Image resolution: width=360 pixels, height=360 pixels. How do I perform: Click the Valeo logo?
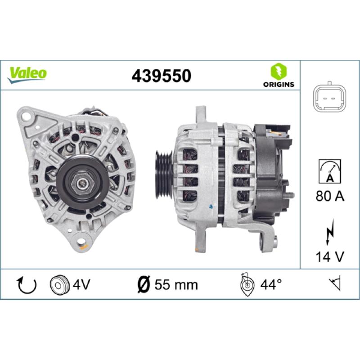[27, 75]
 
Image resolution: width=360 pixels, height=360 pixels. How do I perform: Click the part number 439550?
[162, 76]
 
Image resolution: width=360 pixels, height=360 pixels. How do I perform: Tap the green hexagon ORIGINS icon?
[279, 71]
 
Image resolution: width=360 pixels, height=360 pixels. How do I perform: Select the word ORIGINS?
[279, 84]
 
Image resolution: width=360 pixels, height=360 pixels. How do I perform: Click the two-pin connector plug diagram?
[330, 98]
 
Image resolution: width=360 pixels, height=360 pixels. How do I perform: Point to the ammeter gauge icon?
[330, 171]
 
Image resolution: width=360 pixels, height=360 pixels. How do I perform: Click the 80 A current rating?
[330, 196]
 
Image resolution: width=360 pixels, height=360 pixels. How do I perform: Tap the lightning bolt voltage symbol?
[330, 232]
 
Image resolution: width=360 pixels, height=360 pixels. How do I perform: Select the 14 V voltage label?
[330, 256]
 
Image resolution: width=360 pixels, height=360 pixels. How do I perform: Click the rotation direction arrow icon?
[27, 285]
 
